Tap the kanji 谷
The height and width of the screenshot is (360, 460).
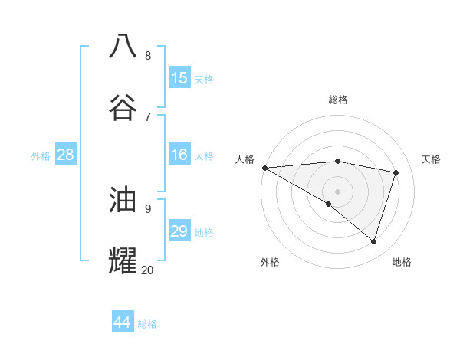[x=123, y=107]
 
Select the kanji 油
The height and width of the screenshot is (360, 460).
[x=123, y=200]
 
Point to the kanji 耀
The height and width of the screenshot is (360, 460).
[x=123, y=260]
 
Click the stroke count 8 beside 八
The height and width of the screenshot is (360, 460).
[x=148, y=55]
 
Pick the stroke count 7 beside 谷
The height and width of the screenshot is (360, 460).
[x=148, y=116]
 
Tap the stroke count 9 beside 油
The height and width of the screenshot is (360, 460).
[x=148, y=208]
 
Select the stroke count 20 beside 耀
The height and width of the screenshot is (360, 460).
[x=147, y=270]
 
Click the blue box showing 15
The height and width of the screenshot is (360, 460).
[x=179, y=77]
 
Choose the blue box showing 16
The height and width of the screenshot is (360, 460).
[x=179, y=155]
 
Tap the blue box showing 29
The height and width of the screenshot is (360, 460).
[x=179, y=231]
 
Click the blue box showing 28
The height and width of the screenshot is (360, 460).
[x=66, y=155]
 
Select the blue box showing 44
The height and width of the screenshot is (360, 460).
[x=123, y=322]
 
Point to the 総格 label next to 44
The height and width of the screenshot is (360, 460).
[x=147, y=324]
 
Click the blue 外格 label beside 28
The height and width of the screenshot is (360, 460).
[x=41, y=156]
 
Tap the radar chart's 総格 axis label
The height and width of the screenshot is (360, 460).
[x=337, y=100]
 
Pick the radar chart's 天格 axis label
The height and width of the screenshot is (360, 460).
[x=432, y=159]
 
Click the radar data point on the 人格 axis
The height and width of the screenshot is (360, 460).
[x=264, y=167]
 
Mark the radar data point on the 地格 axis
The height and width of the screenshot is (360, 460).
[x=373, y=241]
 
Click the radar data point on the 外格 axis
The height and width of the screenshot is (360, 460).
[x=329, y=204]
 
